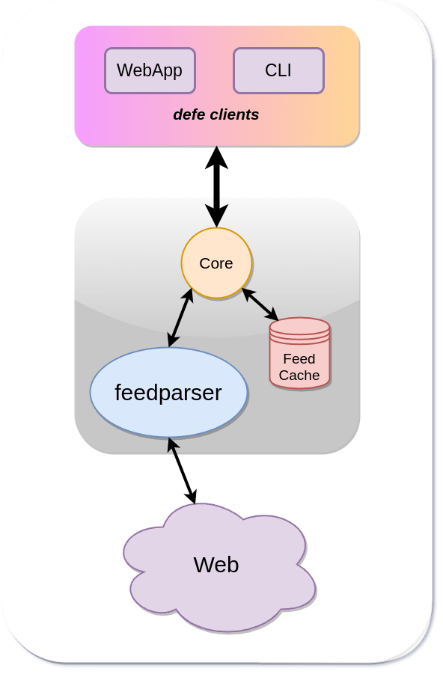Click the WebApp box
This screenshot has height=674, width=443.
(150, 70)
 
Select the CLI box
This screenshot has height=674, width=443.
(278, 70)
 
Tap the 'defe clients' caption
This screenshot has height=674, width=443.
(216, 114)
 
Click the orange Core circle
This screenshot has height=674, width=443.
(216, 263)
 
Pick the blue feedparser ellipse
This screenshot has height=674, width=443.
(168, 393)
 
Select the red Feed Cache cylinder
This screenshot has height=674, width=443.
(300, 353)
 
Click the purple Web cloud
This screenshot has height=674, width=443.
(219, 567)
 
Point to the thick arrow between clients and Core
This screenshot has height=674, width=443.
(216, 186)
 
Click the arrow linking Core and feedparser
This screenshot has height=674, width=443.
(180, 318)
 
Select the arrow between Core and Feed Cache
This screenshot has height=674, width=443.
(260, 304)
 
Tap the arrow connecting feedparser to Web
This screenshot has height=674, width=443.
(182, 471)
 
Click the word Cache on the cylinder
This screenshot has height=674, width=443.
(299, 376)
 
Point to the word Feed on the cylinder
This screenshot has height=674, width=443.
(299, 358)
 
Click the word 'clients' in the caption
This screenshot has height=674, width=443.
(235, 114)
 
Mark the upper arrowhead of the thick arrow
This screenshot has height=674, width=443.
(216, 157)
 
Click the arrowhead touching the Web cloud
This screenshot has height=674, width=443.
(192, 496)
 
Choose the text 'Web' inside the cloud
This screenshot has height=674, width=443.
(216, 565)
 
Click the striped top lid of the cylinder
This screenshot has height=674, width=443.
(300, 330)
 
